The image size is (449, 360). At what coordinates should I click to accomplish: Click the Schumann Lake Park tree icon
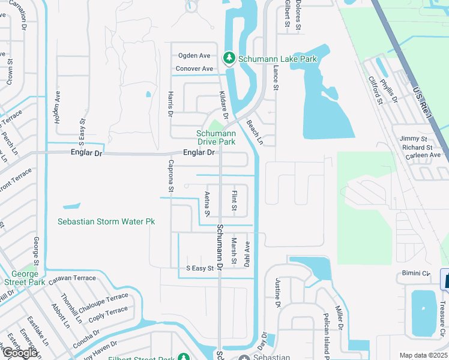229,58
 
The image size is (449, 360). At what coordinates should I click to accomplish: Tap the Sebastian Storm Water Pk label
106,221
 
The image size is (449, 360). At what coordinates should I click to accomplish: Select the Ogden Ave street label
194,56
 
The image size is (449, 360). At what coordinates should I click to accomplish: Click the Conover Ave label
194,69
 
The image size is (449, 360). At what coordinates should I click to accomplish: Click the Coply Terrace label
108,313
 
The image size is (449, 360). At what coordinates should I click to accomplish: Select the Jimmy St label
414,139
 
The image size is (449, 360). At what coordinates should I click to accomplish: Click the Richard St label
417,147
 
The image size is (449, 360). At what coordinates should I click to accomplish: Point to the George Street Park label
25,278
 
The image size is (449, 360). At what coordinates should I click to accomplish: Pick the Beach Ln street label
255,133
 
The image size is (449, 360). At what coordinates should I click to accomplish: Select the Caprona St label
171,176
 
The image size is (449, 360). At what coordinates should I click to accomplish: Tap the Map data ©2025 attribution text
423,355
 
